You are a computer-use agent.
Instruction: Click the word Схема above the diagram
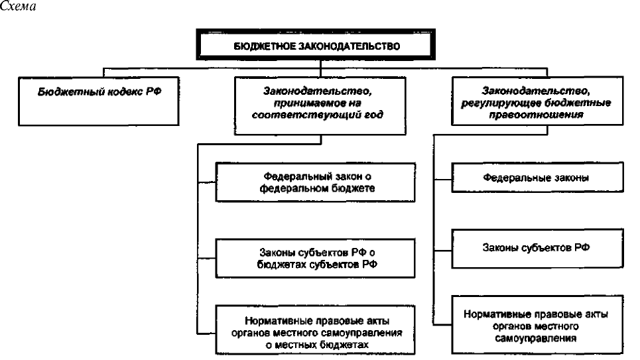pos(17,6)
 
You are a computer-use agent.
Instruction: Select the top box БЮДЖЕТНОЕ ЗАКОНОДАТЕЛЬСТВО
pos(316,44)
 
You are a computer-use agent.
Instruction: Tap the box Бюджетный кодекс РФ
pos(99,101)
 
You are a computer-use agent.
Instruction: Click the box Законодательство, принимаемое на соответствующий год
pos(320,105)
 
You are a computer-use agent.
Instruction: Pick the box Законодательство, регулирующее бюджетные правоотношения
pos(538,101)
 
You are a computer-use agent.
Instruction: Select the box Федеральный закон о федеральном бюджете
pos(316,182)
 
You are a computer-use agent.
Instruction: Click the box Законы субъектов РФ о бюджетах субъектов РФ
pos(316,259)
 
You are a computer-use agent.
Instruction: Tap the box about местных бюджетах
pos(316,330)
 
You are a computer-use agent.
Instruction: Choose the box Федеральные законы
pos(538,177)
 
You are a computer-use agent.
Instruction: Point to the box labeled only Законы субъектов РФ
pos(538,248)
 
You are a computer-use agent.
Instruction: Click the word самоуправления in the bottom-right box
pos(536,338)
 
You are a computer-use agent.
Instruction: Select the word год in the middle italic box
pos(374,115)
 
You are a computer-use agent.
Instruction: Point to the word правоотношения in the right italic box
pos(536,115)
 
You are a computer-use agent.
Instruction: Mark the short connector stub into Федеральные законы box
pos(442,179)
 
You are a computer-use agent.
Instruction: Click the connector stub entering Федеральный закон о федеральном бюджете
pos(206,182)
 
